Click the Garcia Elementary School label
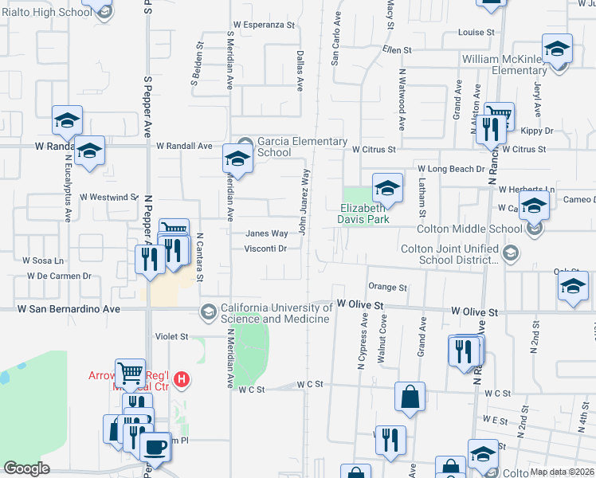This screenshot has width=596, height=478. [x=302, y=147]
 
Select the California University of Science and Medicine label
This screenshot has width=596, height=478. [x=275, y=313]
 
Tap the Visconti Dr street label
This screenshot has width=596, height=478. [x=266, y=248]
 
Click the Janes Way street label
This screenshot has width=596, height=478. [x=266, y=233]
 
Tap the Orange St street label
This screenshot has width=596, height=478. [x=387, y=287]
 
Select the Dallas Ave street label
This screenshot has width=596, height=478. [x=300, y=70]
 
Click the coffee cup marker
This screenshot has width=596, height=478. [x=155, y=446]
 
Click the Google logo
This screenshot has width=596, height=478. [x=27, y=468]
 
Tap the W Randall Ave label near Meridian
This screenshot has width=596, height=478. [x=184, y=147]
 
